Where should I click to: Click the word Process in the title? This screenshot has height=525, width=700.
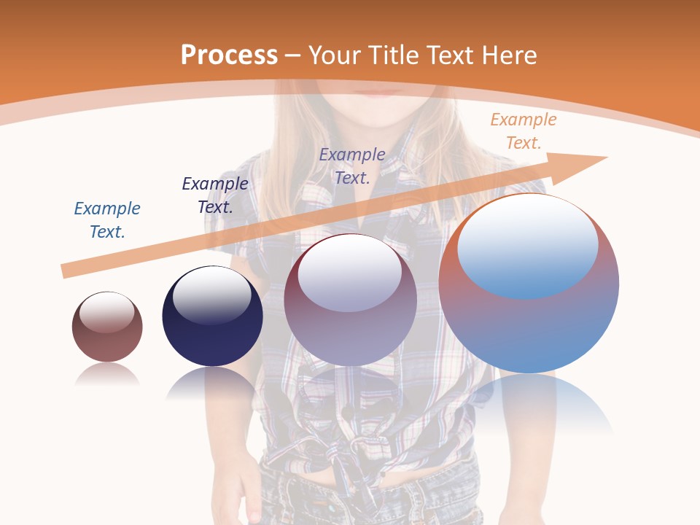[229, 55]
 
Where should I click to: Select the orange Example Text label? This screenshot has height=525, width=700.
[523, 131]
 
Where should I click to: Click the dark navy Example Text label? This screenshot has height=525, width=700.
[215, 195]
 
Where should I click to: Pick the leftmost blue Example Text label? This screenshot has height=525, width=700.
[107, 220]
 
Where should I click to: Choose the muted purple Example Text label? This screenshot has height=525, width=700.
[352, 166]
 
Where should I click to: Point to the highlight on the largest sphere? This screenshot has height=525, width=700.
[527, 244]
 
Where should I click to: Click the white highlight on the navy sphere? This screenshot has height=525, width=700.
[211, 295]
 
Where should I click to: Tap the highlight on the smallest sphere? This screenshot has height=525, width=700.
[107, 312]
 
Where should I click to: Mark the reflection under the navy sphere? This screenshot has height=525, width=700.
[212, 382]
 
